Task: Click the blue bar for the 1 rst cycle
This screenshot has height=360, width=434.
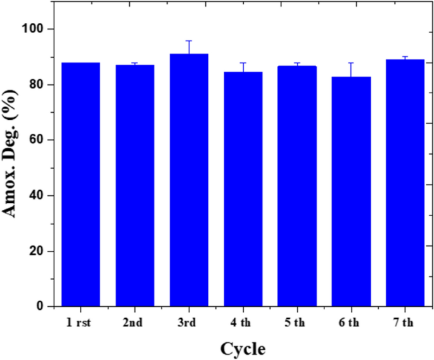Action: point(80,184)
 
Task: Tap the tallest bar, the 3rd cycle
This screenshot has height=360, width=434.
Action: point(189,180)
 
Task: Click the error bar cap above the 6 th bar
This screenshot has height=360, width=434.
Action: point(351,63)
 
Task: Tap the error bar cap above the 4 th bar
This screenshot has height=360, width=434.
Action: point(243,63)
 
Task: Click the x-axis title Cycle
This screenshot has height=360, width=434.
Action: point(243,348)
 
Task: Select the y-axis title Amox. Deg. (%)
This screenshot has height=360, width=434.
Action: point(11,168)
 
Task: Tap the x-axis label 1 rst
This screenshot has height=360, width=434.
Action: point(80,323)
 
